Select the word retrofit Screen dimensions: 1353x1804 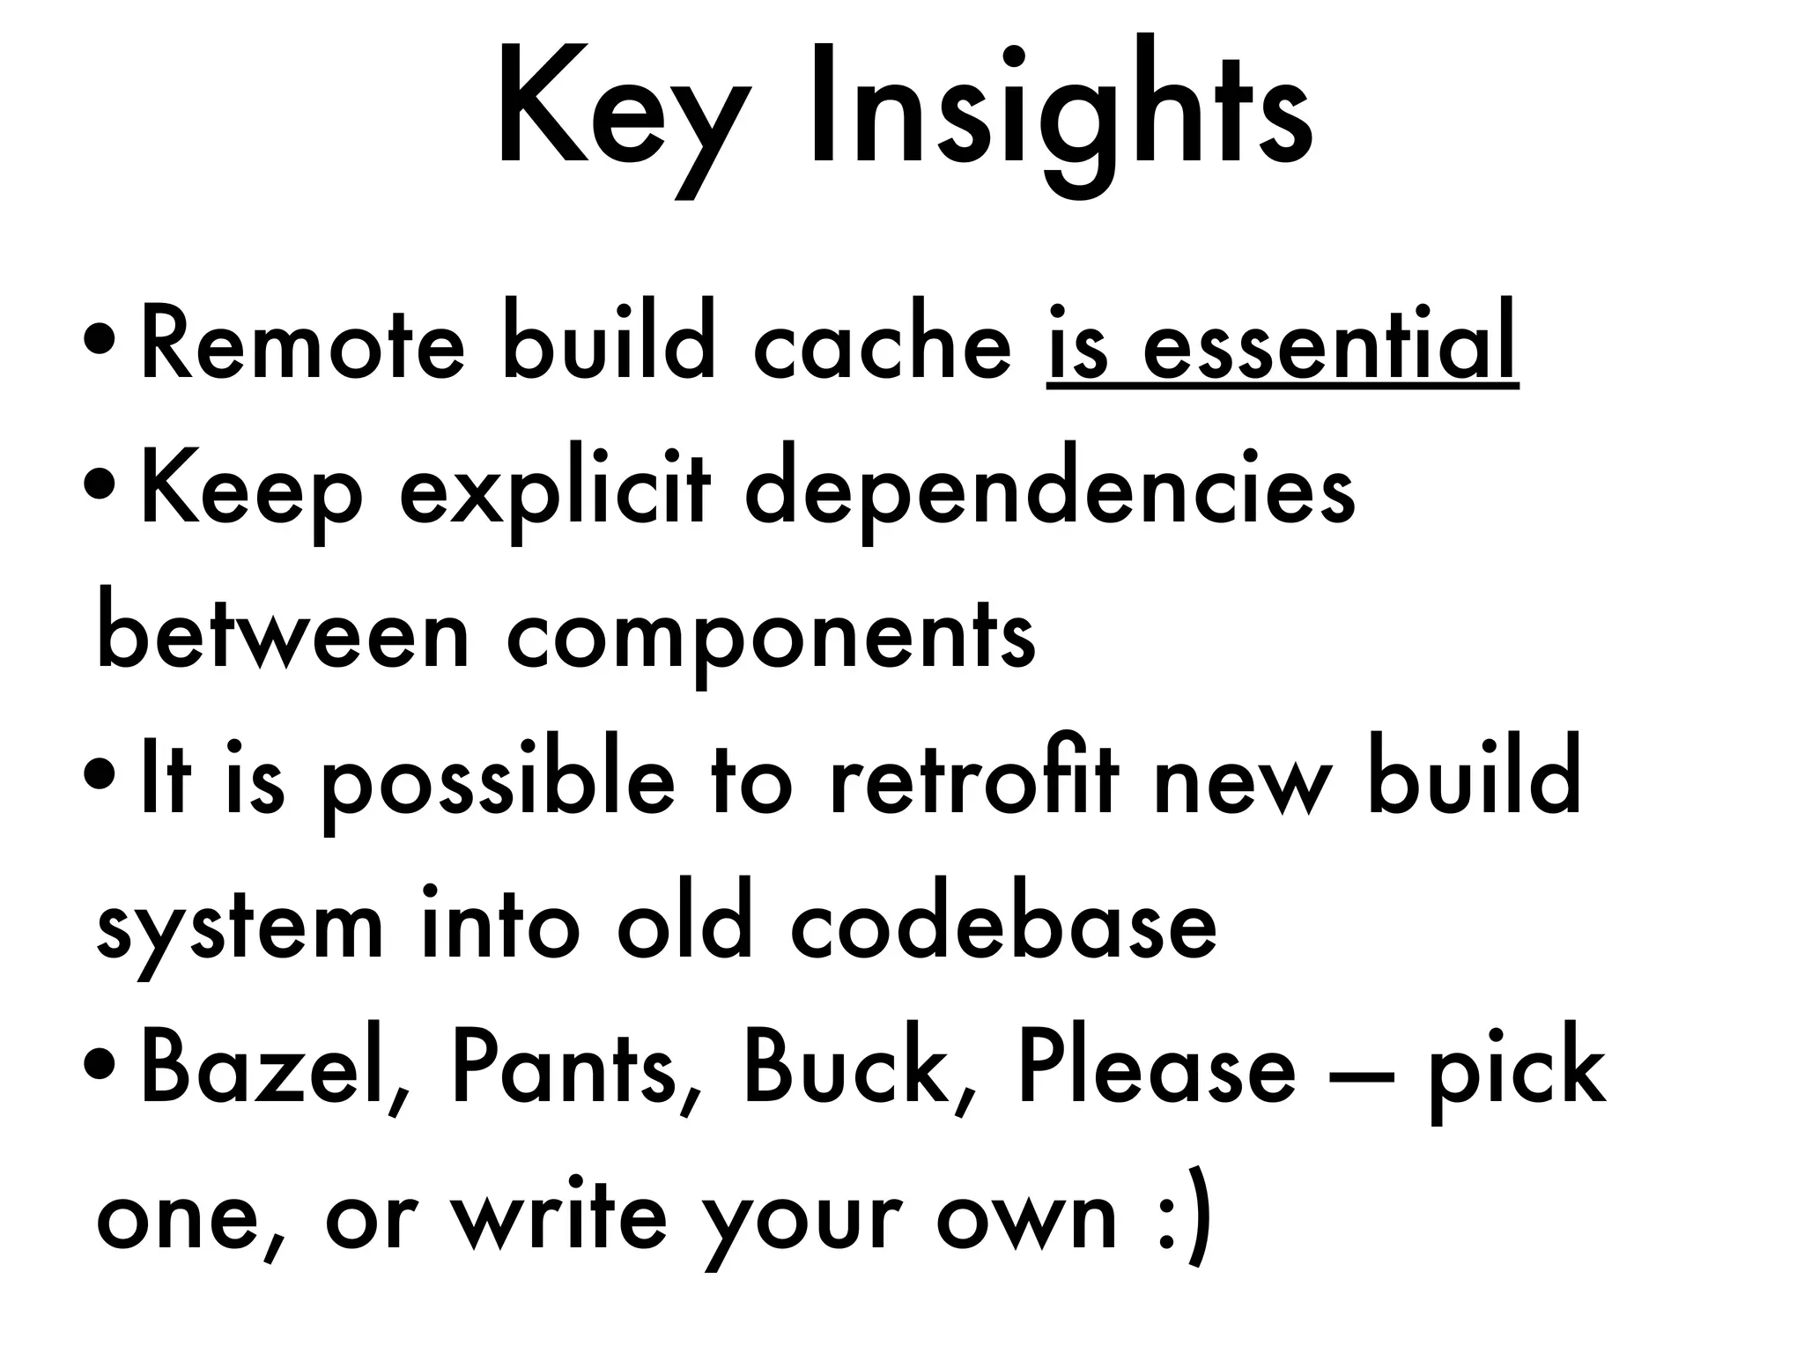(974, 780)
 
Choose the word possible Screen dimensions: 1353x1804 (497, 784)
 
